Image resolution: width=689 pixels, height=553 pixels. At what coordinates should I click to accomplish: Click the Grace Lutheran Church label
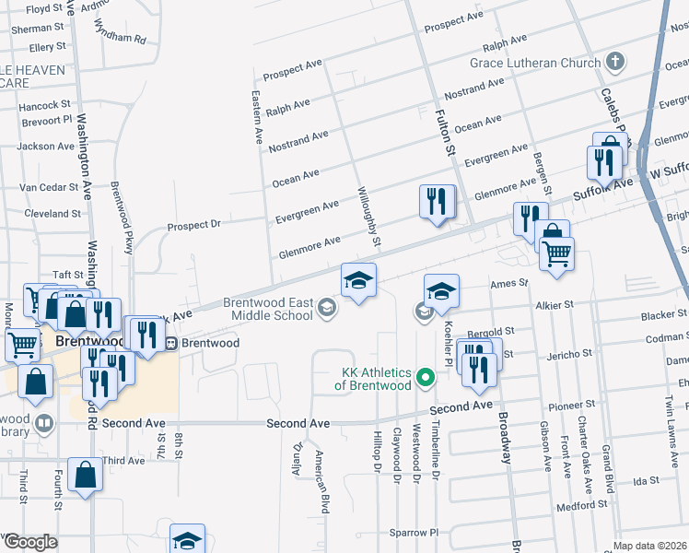(x=534, y=63)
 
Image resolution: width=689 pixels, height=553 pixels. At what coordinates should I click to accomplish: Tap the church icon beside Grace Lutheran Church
(x=615, y=63)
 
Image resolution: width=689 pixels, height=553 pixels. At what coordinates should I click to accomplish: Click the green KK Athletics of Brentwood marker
(x=426, y=377)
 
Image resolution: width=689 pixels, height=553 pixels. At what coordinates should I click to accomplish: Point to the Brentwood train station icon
(x=170, y=343)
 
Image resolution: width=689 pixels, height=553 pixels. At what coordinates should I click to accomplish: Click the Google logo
(x=29, y=542)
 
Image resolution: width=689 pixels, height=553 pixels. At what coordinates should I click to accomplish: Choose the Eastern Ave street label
(x=259, y=117)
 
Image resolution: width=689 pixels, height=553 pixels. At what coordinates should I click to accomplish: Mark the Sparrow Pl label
(x=414, y=533)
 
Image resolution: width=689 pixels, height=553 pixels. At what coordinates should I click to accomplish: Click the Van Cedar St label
(x=51, y=187)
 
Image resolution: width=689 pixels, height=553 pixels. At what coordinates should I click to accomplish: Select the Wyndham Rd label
(x=120, y=40)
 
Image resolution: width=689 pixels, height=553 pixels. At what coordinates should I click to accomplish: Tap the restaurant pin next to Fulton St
(x=437, y=202)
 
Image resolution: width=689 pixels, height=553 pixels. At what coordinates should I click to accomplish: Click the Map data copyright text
(x=650, y=546)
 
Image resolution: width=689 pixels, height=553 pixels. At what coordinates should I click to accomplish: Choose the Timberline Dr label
(x=437, y=457)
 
